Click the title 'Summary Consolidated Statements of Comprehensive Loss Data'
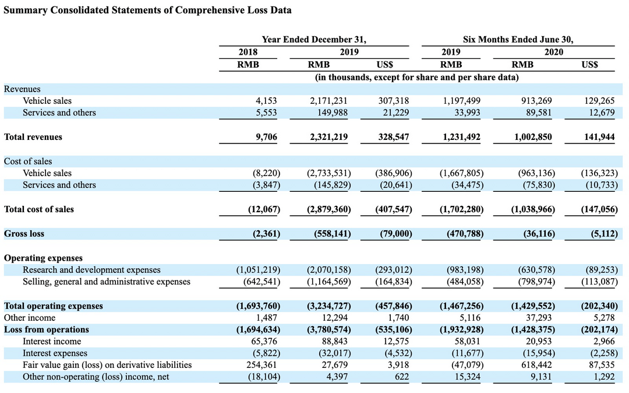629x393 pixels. [x=147, y=10]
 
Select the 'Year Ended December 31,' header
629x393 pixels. [x=314, y=39]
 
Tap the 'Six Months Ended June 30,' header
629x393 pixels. [x=518, y=39]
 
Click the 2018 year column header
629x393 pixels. [x=248, y=52]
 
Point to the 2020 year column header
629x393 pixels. [x=554, y=52]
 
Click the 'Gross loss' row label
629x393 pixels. [x=24, y=234]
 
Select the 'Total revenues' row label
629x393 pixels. [x=33, y=137]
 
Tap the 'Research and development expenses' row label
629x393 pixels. [x=91, y=270]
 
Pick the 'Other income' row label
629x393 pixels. [x=30, y=318]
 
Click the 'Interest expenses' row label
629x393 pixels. [x=55, y=353]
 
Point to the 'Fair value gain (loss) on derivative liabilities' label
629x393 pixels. [x=107, y=365]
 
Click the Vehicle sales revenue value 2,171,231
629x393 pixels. [x=328, y=101]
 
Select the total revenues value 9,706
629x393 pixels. [x=266, y=137]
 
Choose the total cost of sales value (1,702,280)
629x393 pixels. [x=461, y=209]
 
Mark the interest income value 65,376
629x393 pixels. [x=264, y=341]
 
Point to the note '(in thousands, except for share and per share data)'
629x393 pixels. [x=416, y=77]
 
